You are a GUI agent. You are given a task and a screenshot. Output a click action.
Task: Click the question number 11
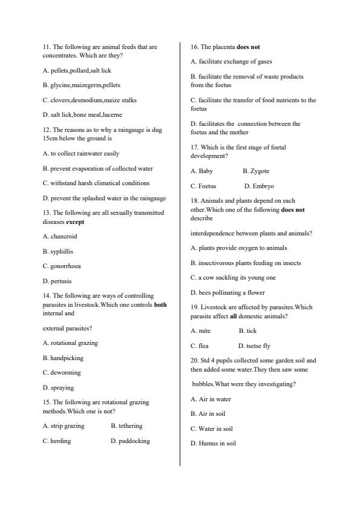(47, 47)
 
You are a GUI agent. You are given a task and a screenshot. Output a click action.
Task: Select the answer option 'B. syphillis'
(58, 251)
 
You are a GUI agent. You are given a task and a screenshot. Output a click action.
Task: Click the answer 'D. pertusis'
(57, 281)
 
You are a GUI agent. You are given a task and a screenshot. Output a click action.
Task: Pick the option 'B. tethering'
(126, 426)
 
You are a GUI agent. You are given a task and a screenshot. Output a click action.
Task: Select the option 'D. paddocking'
(130, 441)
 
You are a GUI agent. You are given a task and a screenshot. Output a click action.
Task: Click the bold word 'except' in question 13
(75, 222)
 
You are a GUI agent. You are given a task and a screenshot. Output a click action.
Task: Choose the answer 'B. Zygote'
(256, 171)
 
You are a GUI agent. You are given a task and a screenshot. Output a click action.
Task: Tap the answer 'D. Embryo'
(259, 186)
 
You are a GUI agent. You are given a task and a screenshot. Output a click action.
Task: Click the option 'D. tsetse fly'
(254, 346)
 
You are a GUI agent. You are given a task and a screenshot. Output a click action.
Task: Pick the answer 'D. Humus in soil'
(213, 444)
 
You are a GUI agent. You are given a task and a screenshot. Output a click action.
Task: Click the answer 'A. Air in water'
(211, 399)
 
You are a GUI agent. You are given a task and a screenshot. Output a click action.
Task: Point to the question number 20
(194, 360)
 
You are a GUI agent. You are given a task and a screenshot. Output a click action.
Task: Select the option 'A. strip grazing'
(64, 426)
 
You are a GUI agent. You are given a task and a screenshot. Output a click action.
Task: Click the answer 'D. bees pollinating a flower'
(227, 293)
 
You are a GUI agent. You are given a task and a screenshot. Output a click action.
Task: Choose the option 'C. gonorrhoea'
(62, 266)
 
